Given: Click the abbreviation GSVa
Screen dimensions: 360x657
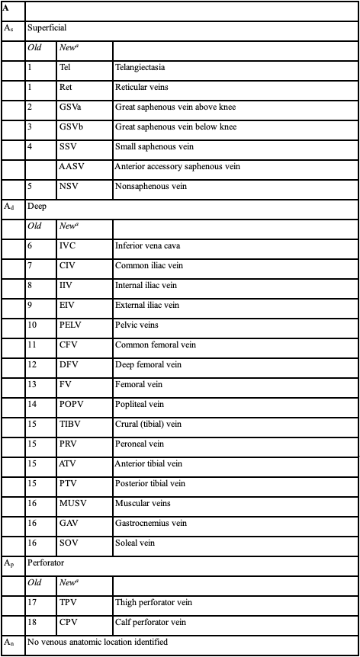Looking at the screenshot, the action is (69, 107).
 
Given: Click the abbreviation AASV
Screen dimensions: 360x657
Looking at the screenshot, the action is (71, 166).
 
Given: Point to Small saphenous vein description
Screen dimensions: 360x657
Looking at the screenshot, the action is (153, 146).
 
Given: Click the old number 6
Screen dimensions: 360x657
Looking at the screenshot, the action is (31, 245).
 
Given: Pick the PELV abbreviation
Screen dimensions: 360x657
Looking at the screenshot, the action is (70, 325).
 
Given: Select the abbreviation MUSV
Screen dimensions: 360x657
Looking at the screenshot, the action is (72, 503).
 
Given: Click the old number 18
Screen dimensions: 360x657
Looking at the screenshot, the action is (32, 622).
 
